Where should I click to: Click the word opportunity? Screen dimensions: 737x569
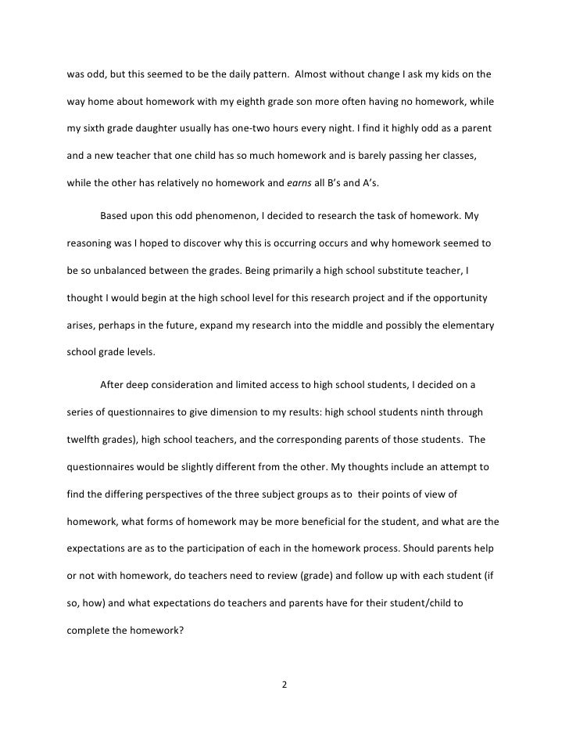coord(460,297)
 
